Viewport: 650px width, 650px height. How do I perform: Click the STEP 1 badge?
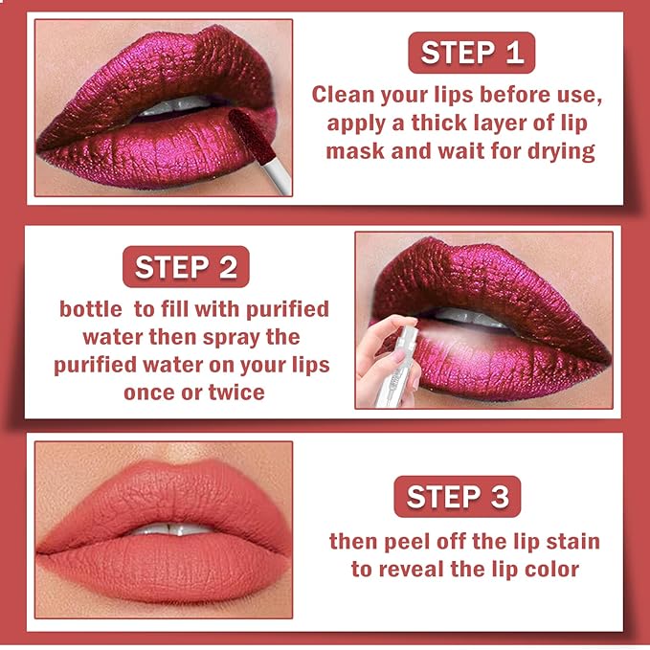472,53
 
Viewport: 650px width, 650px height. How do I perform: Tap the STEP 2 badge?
186,267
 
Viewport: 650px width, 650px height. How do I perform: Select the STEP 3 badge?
458,497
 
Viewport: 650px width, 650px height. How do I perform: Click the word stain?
570,542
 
